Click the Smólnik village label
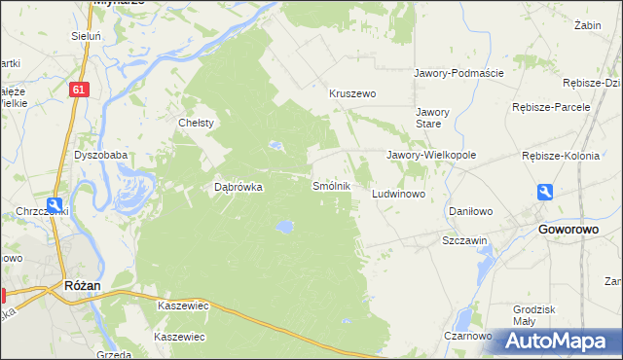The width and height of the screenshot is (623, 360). pyautogui.click(x=330, y=185)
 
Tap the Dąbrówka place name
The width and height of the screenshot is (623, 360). pyautogui.click(x=238, y=188)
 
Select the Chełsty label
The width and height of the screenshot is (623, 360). pyautogui.click(x=196, y=123)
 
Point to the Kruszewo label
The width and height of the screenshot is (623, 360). pyautogui.click(x=352, y=94)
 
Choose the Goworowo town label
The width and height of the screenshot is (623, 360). pyautogui.click(x=568, y=230)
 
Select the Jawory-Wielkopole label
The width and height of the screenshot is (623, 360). pyautogui.click(x=430, y=155)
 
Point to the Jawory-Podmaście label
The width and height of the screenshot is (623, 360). pyautogui.click(x=458, y=73)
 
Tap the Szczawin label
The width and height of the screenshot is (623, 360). pyautogui.click(x=464, y=239)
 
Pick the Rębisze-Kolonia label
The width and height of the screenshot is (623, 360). pyautogui.click(x=564, y=155)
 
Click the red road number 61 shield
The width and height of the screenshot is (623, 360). pyautogui.click(x=81, y=90)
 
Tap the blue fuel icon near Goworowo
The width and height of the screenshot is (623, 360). pyautogui.click(x=546, y=193)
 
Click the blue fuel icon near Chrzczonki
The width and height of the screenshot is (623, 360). pyautogui.click(x=57, y=206)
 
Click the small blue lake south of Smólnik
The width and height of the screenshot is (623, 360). pyautogui.click(x=283, y=227)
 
